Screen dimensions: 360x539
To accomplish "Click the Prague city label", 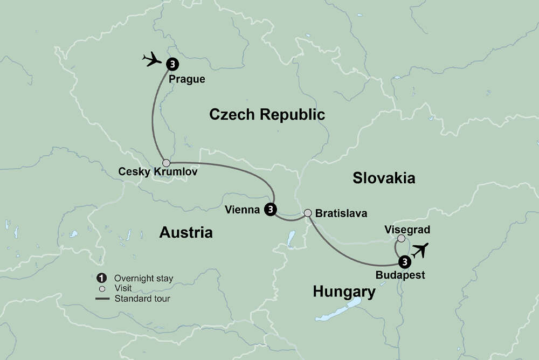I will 187,79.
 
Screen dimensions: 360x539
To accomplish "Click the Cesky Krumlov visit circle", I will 167,163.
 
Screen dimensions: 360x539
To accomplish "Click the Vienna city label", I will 242,210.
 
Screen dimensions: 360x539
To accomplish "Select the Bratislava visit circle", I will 308,213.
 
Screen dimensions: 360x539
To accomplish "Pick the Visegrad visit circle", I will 401,239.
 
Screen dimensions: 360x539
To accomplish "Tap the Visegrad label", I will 407,230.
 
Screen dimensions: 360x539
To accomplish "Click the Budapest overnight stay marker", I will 404,262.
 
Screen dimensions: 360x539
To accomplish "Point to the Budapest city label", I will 399,275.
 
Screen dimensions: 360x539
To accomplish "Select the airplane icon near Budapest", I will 419,250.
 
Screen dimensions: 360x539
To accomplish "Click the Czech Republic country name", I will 267,114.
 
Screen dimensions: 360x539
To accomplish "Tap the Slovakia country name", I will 384,178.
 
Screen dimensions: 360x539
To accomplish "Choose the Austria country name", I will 186,232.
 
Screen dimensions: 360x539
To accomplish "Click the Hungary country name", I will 344,292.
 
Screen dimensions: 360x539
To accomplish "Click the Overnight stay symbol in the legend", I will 101,278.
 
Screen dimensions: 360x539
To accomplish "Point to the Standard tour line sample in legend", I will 101,298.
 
